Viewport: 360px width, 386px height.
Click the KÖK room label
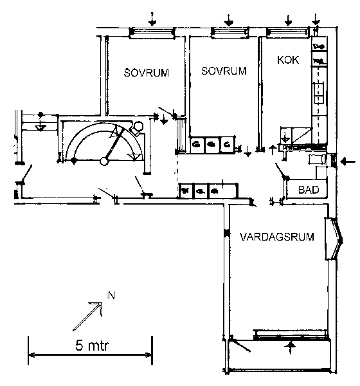tap(288, 60)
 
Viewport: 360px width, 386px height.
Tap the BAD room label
tap(309, 190)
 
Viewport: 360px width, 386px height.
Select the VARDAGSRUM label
tap(277, 237)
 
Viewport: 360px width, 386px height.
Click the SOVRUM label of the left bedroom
tap(146, 73)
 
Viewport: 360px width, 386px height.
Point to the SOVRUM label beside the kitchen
tap(224, 71)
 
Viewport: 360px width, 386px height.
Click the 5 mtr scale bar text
tap(91, 345)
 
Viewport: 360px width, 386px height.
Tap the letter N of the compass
tap(111, 296)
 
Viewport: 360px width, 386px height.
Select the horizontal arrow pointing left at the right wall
tap(348, 161)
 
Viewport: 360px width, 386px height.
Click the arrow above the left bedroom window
tap(152, 19)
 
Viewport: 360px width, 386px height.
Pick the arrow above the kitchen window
tap(288, 20)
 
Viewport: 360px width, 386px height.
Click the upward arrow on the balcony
tap(291, 347)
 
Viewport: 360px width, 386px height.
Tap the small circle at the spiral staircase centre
tap(104, 161)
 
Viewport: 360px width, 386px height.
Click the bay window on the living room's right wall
tap(334, 238)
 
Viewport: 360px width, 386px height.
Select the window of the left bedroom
tap(152, 33)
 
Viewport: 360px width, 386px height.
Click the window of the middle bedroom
tap(230, 33)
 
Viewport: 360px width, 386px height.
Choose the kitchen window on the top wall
tap(288, 33)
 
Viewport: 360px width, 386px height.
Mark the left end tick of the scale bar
tap(28, 350)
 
